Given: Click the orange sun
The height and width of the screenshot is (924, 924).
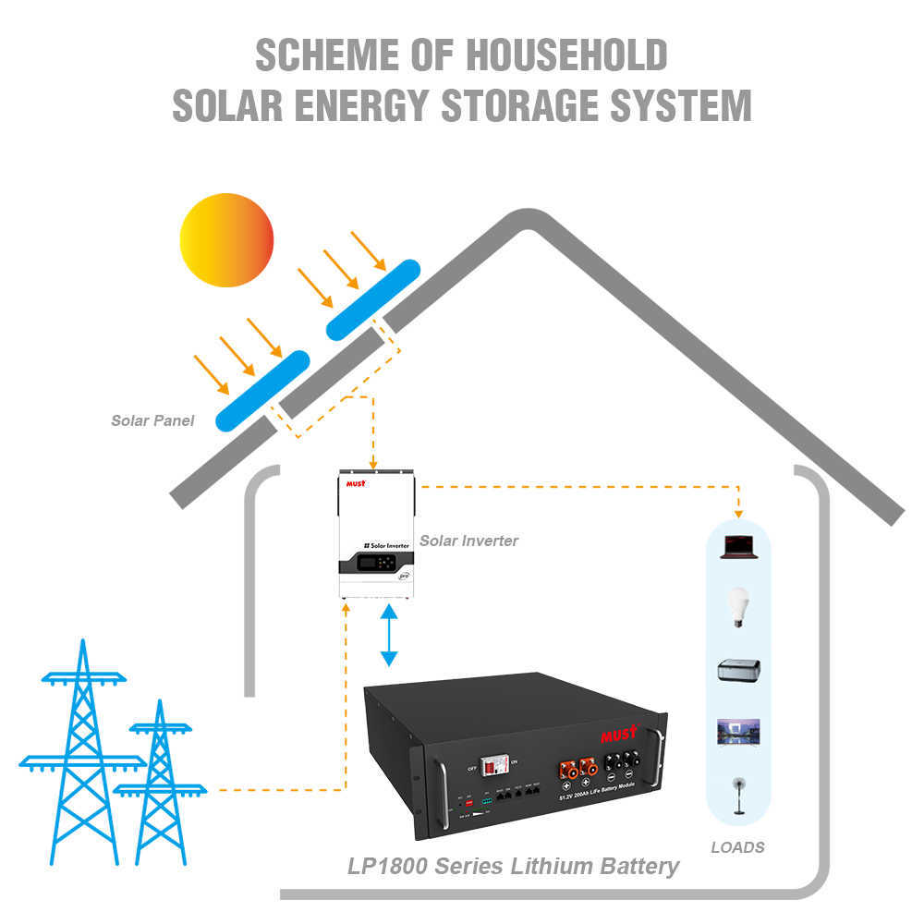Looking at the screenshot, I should point(226,239).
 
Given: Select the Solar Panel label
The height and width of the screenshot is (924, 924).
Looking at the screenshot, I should point(152,420).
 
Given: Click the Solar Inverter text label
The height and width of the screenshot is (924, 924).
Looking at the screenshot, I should point(468,541).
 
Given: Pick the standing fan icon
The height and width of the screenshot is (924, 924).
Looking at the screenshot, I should point(738,795).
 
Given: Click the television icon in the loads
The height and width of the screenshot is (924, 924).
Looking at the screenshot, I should point(738,733).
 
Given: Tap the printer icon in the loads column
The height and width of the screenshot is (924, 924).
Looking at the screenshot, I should point(738,670).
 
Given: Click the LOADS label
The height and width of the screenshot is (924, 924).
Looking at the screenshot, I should point(737,846).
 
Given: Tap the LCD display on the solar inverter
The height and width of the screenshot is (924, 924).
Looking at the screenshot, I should point(363,563).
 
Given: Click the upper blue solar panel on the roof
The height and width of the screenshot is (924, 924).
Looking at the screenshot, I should point(373,298).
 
